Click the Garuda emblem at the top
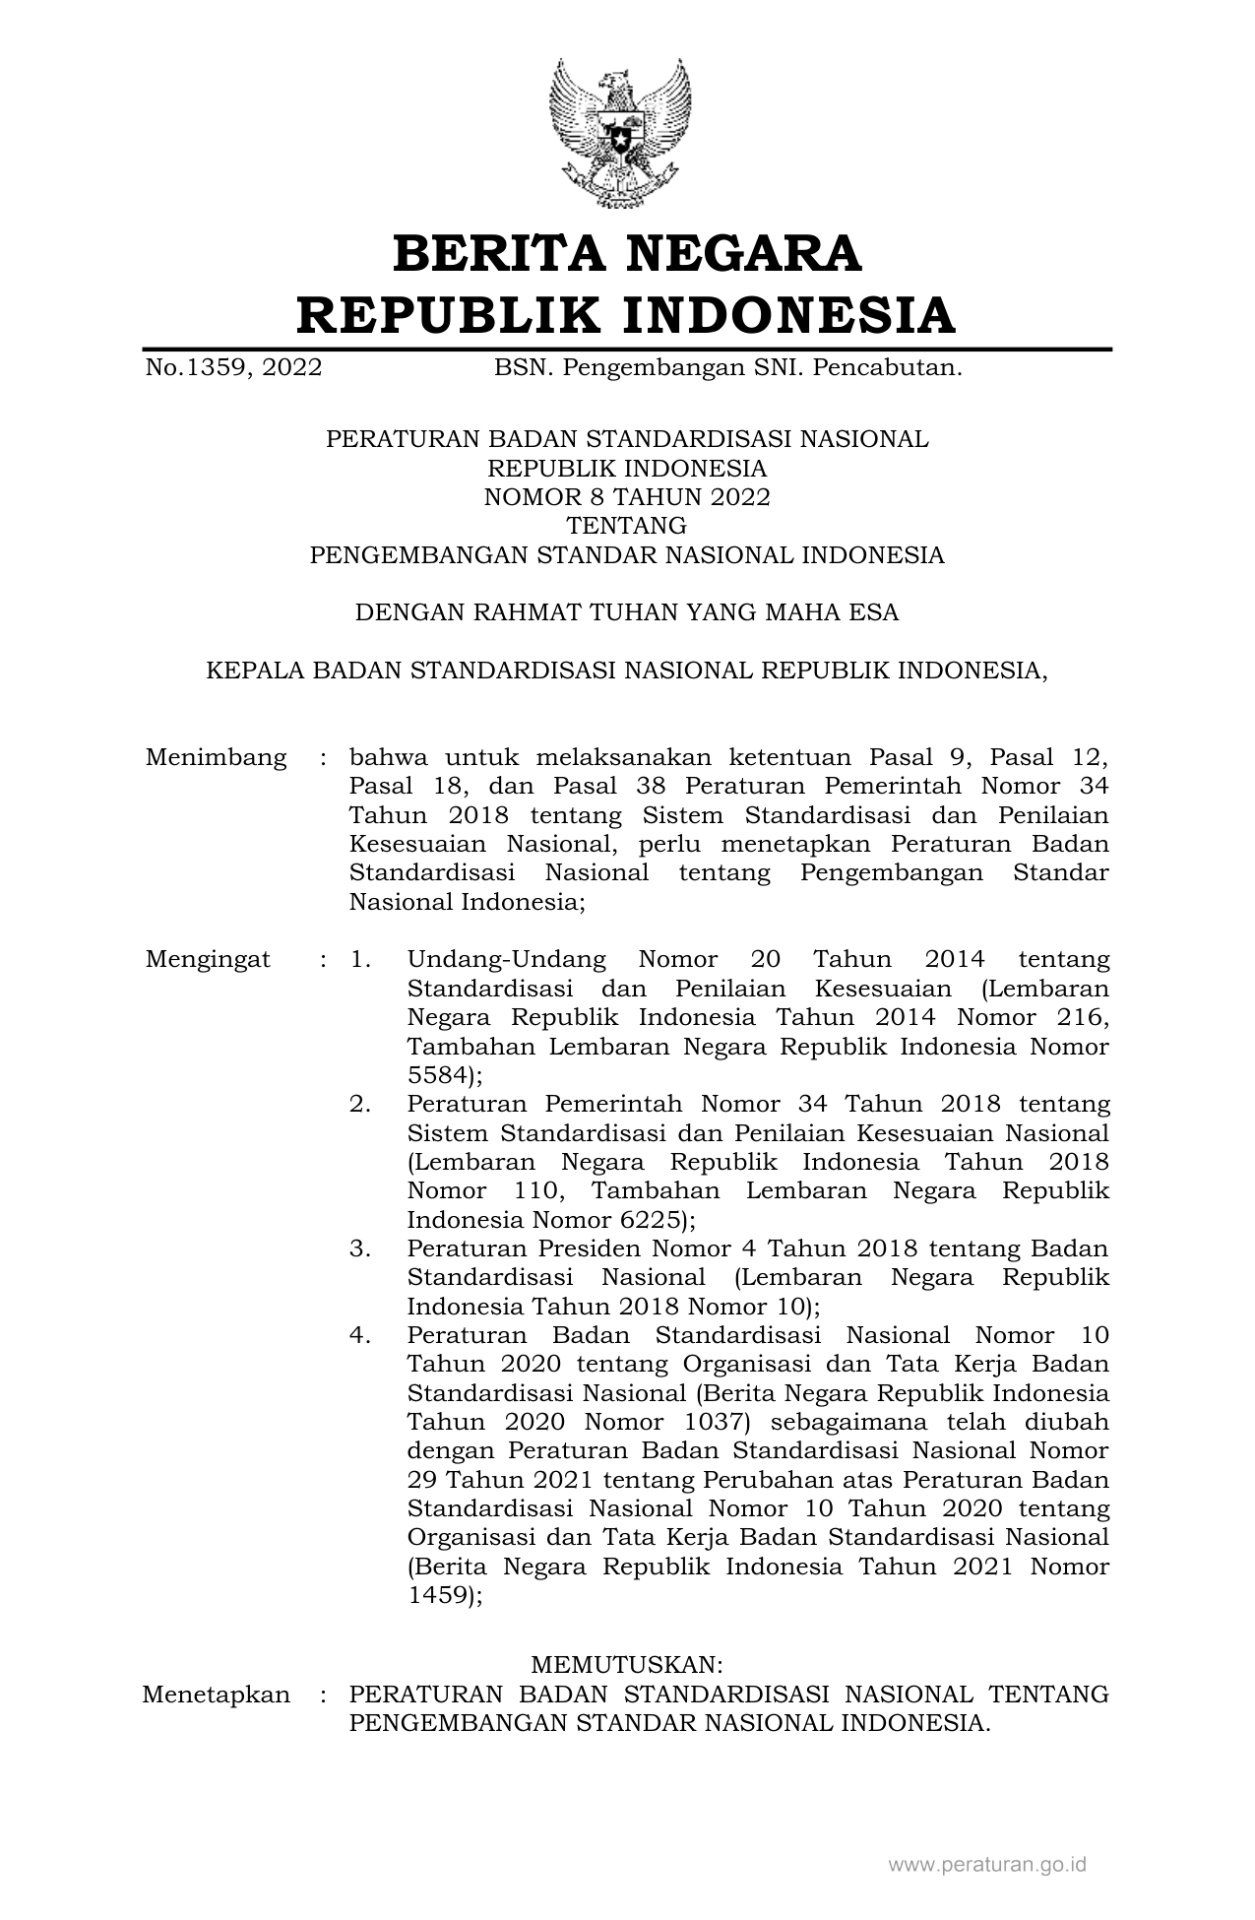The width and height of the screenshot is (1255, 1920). [x=620, y=133]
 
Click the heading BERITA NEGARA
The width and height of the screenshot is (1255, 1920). [x=627, y=253]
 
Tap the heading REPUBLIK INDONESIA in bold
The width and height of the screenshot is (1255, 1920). [x=627, y=315]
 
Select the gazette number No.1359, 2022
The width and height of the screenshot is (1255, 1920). [x=233, y=368]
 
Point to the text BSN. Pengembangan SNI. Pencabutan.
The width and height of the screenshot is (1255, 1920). [x=727, y=368]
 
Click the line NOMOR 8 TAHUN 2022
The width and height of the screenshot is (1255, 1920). [x=627, y=497]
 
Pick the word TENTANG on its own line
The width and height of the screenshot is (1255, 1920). [x=627, y=526]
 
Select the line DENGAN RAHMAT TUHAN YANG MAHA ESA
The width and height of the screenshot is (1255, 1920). [x=627, y=612]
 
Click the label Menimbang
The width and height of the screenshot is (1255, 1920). [x=217, y=757]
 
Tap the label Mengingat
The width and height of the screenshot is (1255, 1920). [x=208, y=959]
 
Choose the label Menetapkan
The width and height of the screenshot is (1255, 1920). [x=217, y=1695]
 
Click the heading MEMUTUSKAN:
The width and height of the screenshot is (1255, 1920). [x=627, y=1665]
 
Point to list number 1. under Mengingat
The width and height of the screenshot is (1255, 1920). [x=360, y=959]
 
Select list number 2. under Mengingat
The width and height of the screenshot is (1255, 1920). [x=360, y=1104]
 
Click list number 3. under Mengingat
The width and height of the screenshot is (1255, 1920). [x=360, y=1248]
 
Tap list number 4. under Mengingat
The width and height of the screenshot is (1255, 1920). [x=360, y=1335]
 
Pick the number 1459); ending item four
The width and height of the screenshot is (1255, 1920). [x=445, y=1595]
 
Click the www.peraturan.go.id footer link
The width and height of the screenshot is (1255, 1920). [x=987, y=1864]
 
